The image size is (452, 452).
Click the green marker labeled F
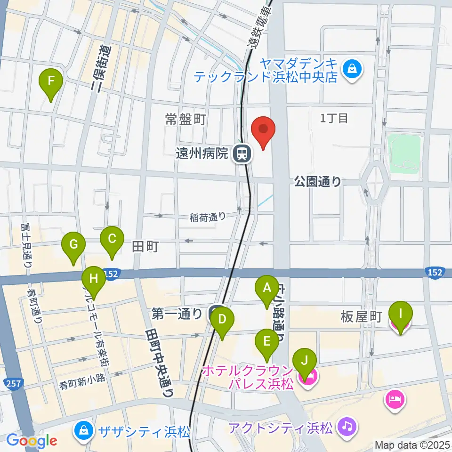coord(52,82)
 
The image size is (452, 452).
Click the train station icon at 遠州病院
coord(242,153)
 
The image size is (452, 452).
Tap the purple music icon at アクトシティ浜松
coord(347,428)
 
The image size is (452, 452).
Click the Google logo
coord(32,441)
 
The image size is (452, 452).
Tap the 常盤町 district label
coord(186,119)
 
